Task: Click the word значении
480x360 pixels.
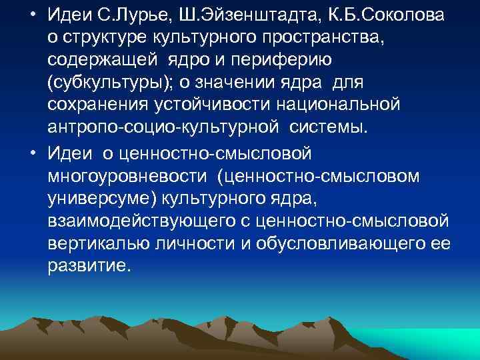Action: click(245, 81)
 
